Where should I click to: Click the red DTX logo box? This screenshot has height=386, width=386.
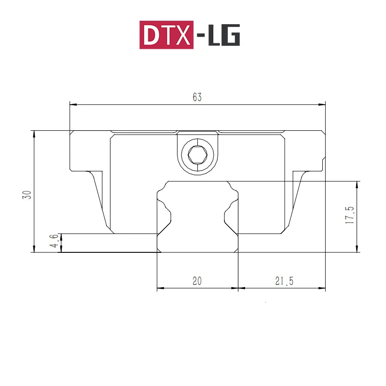click(166, 35)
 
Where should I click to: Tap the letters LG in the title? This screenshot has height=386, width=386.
click(224, 35)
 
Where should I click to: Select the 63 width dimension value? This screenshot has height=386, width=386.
click(197, 97)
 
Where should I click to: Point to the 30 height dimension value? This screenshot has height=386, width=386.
click(27, 195)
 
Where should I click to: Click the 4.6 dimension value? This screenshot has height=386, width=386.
click(55, 241)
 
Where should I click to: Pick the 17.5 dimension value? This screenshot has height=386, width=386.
click(349, 215)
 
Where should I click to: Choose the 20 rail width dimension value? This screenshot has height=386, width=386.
click(197, 281)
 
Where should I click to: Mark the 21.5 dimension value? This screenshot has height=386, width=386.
click(284, 281)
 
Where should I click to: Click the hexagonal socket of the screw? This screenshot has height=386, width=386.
click(197, 154)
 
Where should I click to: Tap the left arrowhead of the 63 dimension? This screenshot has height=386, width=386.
click(73, 105)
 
